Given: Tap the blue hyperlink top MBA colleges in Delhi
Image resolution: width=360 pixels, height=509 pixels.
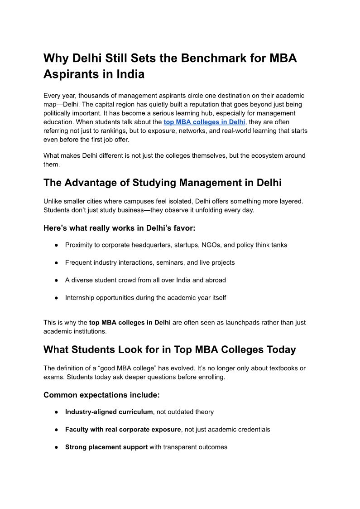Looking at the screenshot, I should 204,122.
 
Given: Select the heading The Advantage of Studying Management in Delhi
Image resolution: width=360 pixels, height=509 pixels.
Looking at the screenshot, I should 162,183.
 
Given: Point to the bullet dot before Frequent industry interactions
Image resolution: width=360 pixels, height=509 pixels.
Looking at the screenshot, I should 57,262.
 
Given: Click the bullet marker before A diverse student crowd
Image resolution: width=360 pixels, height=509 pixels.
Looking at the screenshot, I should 57,280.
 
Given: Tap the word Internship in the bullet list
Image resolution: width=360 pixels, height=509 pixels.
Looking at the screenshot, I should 81,298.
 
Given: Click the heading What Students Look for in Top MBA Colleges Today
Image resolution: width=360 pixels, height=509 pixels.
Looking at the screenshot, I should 169,349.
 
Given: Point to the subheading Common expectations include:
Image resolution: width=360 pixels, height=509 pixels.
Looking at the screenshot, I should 101,395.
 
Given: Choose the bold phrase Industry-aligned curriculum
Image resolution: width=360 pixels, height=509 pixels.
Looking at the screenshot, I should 109,412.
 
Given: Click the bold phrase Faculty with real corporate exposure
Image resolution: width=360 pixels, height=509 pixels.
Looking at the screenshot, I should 123,429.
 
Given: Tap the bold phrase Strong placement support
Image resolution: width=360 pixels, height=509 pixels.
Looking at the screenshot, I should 106,447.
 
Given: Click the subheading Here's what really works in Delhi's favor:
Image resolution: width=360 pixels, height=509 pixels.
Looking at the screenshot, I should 119,228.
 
